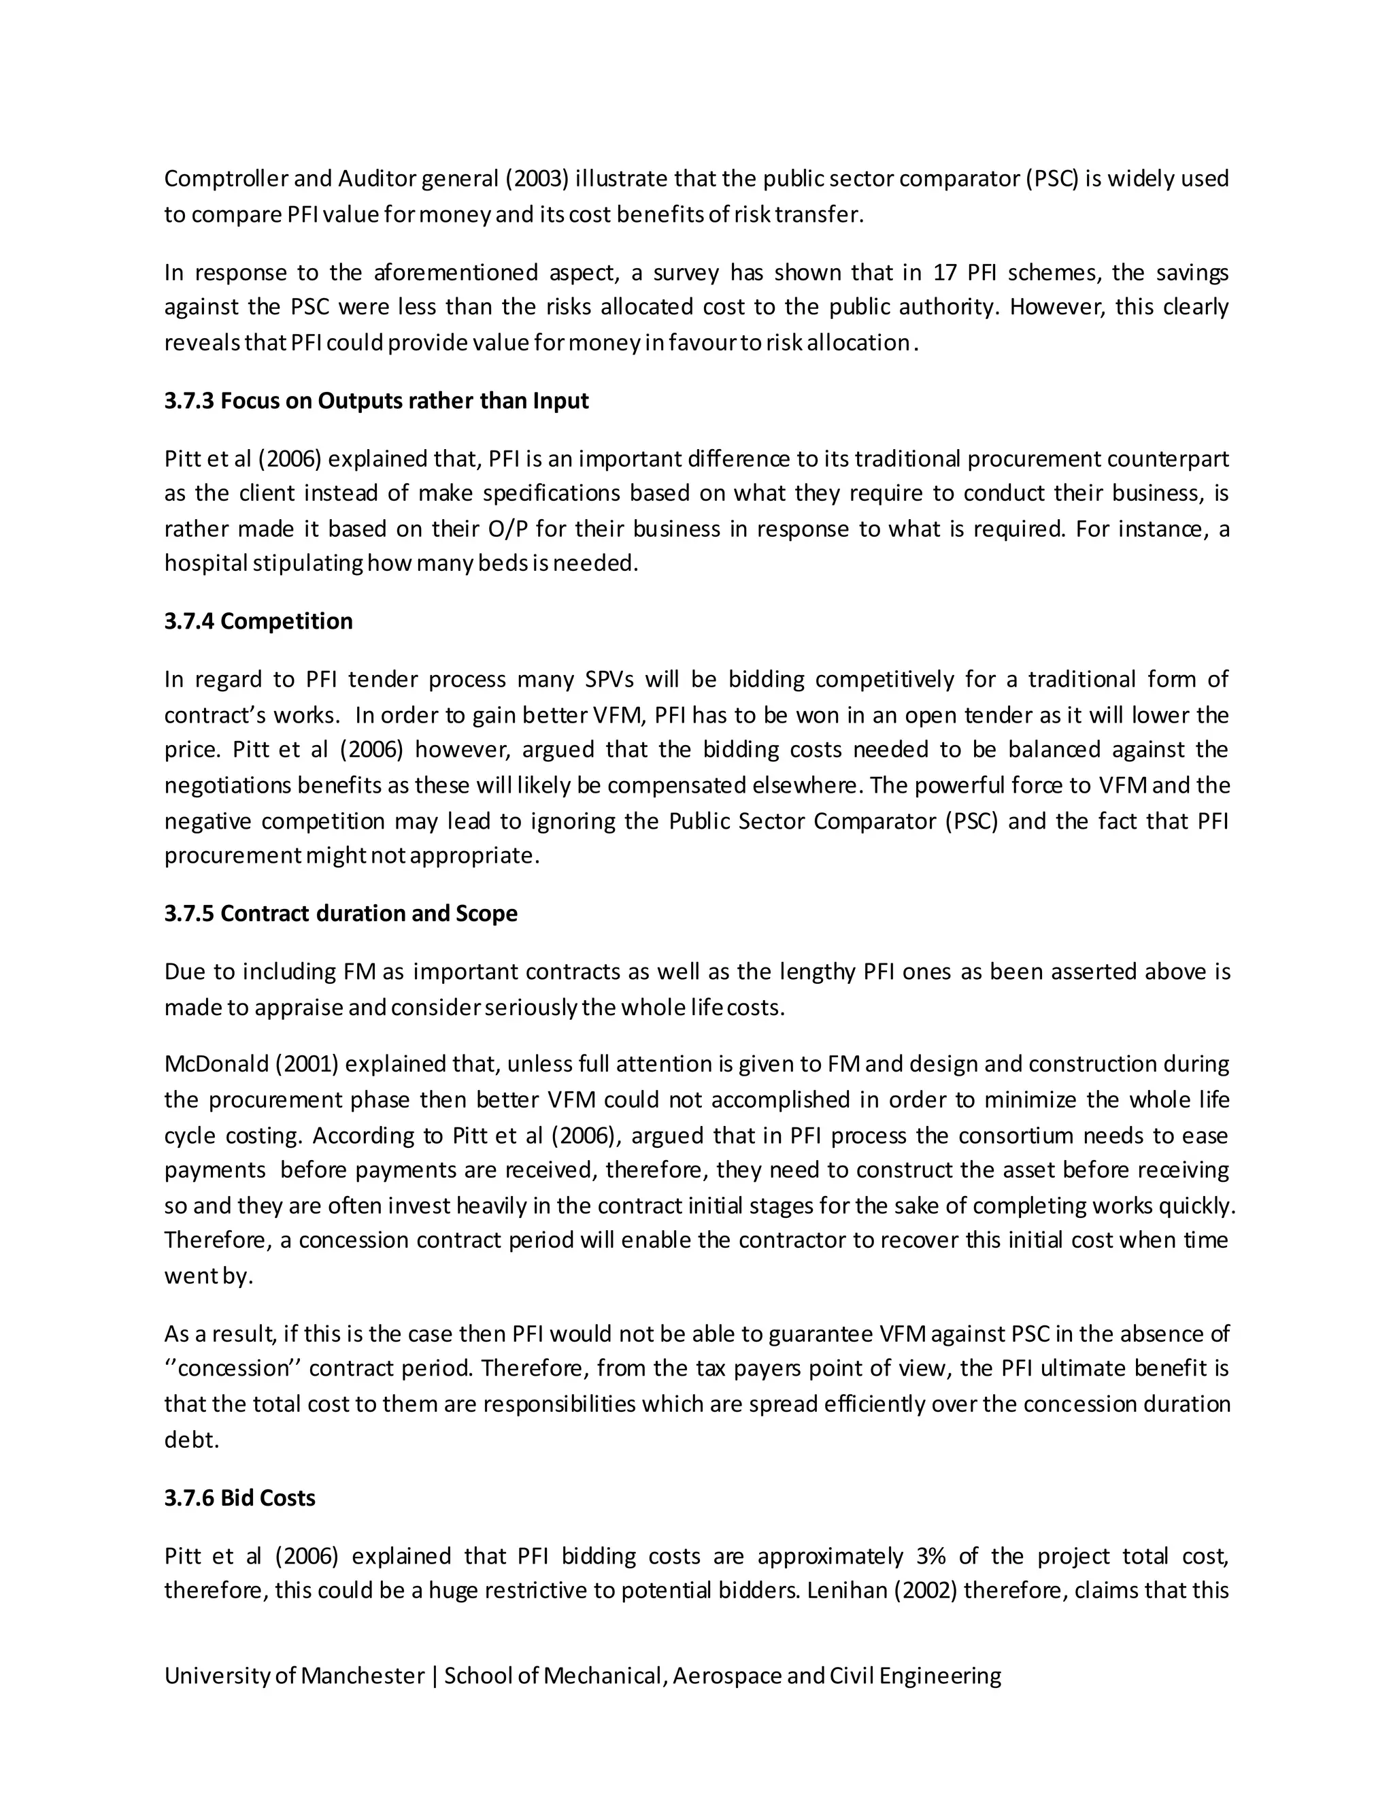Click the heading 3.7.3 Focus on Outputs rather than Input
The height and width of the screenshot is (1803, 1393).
coord(376,401)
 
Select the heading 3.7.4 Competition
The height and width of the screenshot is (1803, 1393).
coord(258,622)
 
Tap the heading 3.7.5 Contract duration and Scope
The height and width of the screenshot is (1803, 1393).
coord(341,914)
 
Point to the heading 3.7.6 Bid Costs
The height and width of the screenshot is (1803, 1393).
coord(240,1498)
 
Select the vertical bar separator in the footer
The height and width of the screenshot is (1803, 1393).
coord(434,1676)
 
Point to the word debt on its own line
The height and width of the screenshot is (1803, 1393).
coord(191,1440)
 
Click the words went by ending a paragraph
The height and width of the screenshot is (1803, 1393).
coord(208,1276)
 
